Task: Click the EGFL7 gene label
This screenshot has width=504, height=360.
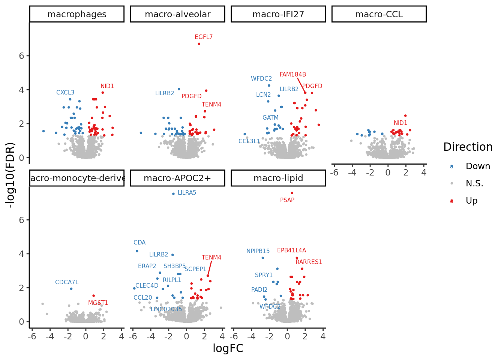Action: [204, 37]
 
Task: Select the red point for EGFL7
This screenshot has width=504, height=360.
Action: [199, 44]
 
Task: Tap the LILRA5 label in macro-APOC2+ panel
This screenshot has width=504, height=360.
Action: [187, 193]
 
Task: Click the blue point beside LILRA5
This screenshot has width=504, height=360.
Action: [173, 194]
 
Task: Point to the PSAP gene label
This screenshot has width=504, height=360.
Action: [287, 200]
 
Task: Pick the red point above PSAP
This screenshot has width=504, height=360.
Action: [292, 193]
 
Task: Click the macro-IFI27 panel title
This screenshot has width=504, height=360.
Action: [278, 14]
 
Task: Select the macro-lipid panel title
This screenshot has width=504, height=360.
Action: [278, 178]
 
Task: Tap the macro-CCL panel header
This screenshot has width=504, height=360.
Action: [379, 14]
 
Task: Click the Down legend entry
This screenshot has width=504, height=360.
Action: [478, 166]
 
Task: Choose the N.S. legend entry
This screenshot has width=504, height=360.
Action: [474, 183]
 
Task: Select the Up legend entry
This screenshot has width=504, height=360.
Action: [471, 201]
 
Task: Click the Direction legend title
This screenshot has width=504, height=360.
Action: [468, 147]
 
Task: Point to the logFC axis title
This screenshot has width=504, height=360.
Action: [228, 348]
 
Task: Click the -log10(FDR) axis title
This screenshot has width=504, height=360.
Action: [10, 175]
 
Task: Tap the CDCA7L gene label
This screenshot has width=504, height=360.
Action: [67, 282]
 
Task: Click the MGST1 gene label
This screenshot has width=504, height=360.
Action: [98, 303]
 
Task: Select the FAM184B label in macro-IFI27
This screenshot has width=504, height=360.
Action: [293, 75]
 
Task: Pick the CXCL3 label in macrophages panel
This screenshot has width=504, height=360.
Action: [65, 93]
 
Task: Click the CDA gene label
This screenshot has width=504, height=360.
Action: [139, 243]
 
